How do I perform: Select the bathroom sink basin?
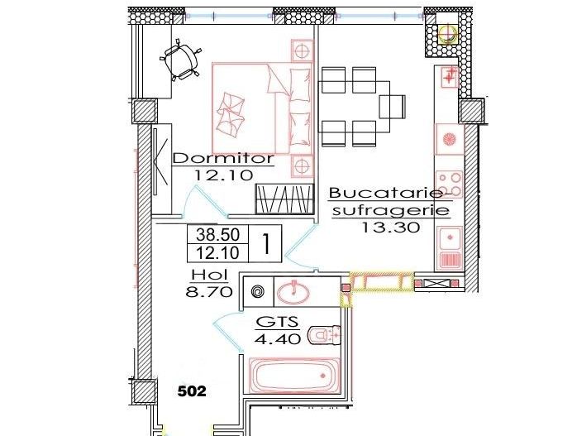pyautogui.click(x=292, y=291)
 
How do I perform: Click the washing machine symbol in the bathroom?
pyautogui.click(x=255, y=291)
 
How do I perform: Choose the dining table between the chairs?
pyautogui.click(x=350, y=105)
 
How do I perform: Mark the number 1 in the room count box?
pyautogui.click(x=267, y=243)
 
